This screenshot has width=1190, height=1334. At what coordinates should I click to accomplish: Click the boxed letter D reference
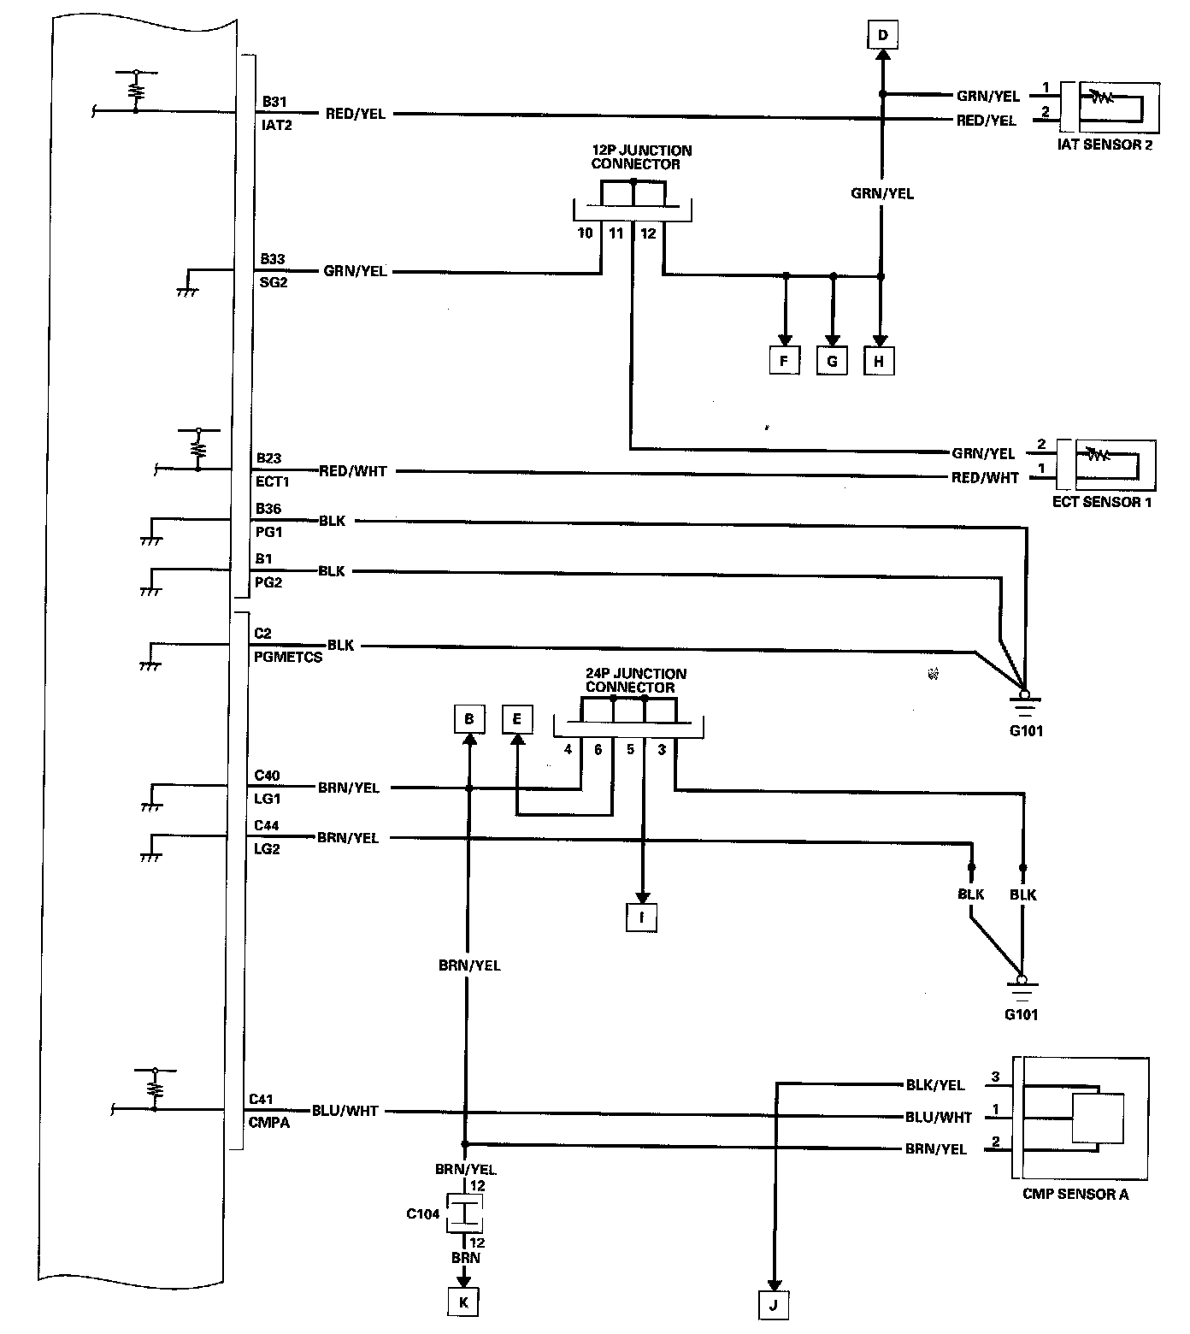883,36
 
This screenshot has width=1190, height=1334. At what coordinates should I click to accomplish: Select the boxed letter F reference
784,361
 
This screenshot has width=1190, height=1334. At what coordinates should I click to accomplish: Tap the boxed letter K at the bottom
463,1302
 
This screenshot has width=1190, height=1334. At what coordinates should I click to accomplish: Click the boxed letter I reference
641,918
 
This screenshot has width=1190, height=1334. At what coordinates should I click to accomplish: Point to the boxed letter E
516,720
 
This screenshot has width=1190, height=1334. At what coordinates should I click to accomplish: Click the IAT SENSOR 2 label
1105,145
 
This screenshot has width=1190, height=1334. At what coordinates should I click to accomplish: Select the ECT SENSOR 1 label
1101,502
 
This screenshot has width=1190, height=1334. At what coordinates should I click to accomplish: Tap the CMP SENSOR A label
1075,1194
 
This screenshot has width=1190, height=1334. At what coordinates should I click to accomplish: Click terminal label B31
274,102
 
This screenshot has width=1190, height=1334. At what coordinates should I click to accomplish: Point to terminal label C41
261,1100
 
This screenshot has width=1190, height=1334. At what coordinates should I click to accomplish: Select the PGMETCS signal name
288,658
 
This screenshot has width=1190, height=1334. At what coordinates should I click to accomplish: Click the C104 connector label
423,1213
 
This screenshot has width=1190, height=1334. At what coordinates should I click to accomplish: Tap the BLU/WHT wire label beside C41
345,1111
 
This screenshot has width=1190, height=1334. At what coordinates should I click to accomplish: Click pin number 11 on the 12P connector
616,233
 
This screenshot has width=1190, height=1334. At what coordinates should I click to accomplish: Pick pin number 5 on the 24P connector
630,750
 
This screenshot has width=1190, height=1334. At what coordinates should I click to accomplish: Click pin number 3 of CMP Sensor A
995,1077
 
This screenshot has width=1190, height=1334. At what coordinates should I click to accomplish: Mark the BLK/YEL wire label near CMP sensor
935,1085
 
